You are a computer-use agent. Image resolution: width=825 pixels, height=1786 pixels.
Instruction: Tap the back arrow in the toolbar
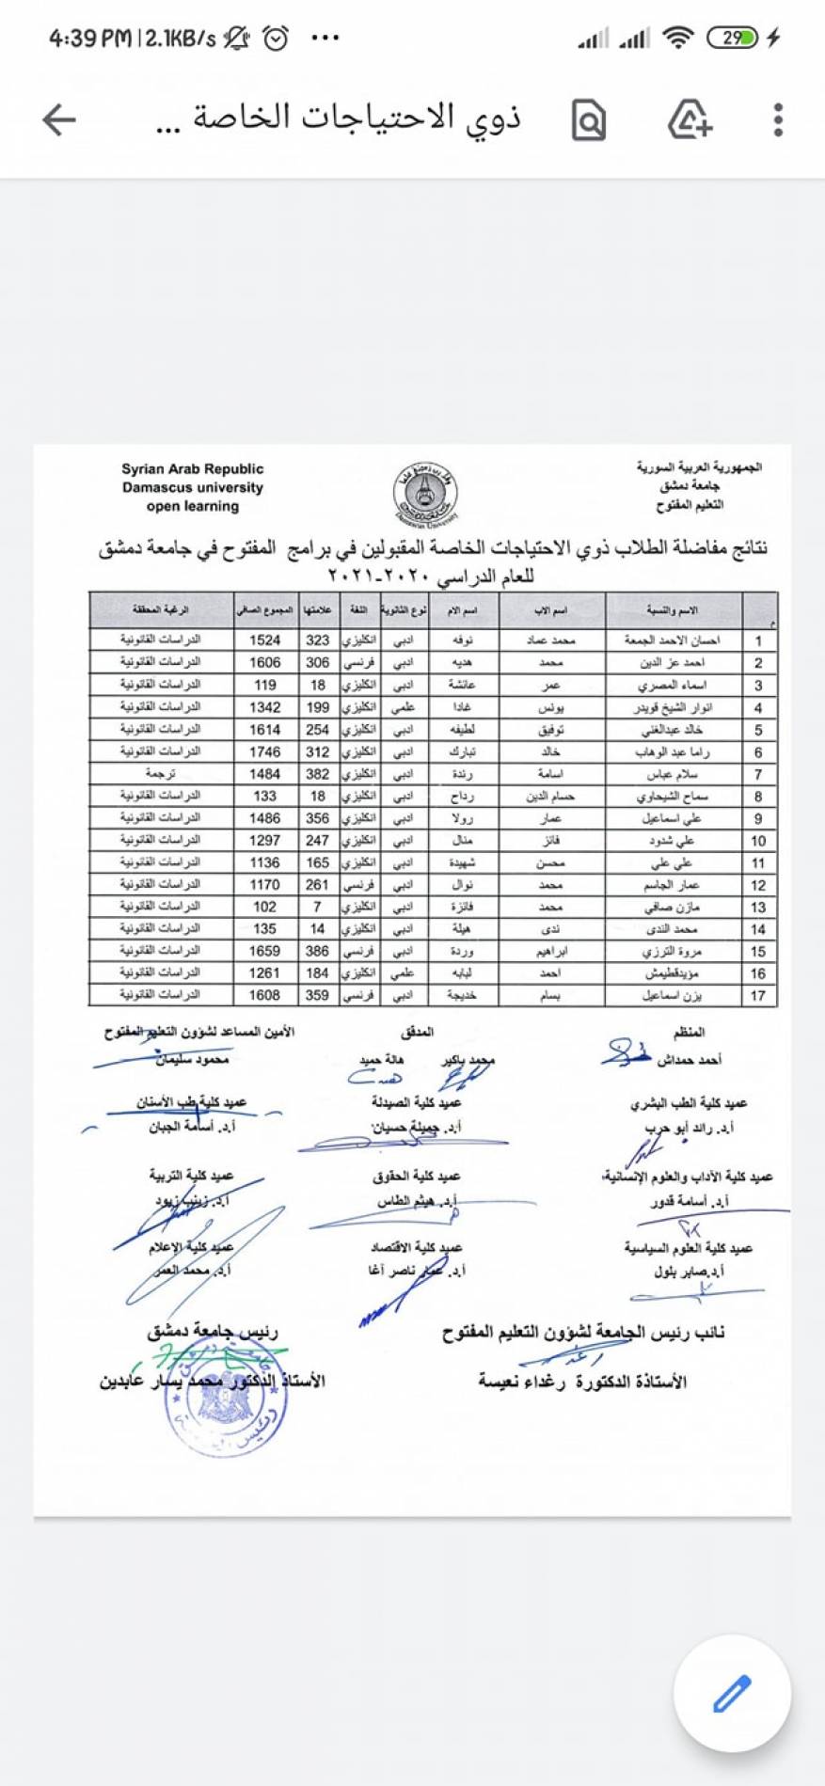(58, 119)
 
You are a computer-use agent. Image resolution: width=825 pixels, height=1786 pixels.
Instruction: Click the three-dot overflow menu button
(778, 119)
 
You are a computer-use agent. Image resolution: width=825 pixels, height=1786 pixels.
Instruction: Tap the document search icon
(589, 120)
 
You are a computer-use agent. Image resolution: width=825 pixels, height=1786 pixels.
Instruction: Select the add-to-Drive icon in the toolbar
(690, 119)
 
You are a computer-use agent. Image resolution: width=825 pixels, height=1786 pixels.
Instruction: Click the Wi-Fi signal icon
(677, 39)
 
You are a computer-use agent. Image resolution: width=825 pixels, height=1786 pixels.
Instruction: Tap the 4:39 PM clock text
(89, 39)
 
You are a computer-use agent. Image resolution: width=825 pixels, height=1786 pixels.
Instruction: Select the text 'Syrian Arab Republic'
(192, 469)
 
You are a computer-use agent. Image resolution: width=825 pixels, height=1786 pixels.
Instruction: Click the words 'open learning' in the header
(192, 506)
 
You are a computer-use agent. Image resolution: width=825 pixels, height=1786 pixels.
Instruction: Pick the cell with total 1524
(264, 640)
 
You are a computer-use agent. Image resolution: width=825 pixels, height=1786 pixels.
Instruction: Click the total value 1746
(264, 751)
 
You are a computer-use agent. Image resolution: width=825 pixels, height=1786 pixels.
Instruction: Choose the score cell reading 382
(317, 774)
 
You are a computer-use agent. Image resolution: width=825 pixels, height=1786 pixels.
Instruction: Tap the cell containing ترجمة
(160, 774)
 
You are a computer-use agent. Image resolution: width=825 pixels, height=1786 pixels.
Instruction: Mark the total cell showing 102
(264, 907)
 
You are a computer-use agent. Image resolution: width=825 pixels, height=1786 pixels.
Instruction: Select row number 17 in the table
(758, 995)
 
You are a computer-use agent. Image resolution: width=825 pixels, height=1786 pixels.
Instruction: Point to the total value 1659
(264, 951)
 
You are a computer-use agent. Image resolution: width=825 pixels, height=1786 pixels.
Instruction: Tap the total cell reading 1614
(264, 730)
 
